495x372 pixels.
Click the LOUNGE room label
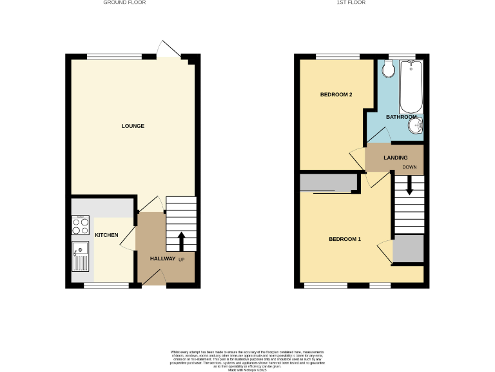133,125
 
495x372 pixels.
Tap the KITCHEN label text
106,235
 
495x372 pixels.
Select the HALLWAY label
162,258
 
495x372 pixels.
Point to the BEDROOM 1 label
345,240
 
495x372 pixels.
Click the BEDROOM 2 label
336,95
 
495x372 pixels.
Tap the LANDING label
394,158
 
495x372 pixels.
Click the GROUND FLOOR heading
124,3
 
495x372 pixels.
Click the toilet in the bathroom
389,68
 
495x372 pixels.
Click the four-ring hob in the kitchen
81,225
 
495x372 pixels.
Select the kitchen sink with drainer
81,255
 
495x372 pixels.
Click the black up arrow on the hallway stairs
181,240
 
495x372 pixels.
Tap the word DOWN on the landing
410,167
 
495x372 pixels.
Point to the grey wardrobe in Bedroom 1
329,183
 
